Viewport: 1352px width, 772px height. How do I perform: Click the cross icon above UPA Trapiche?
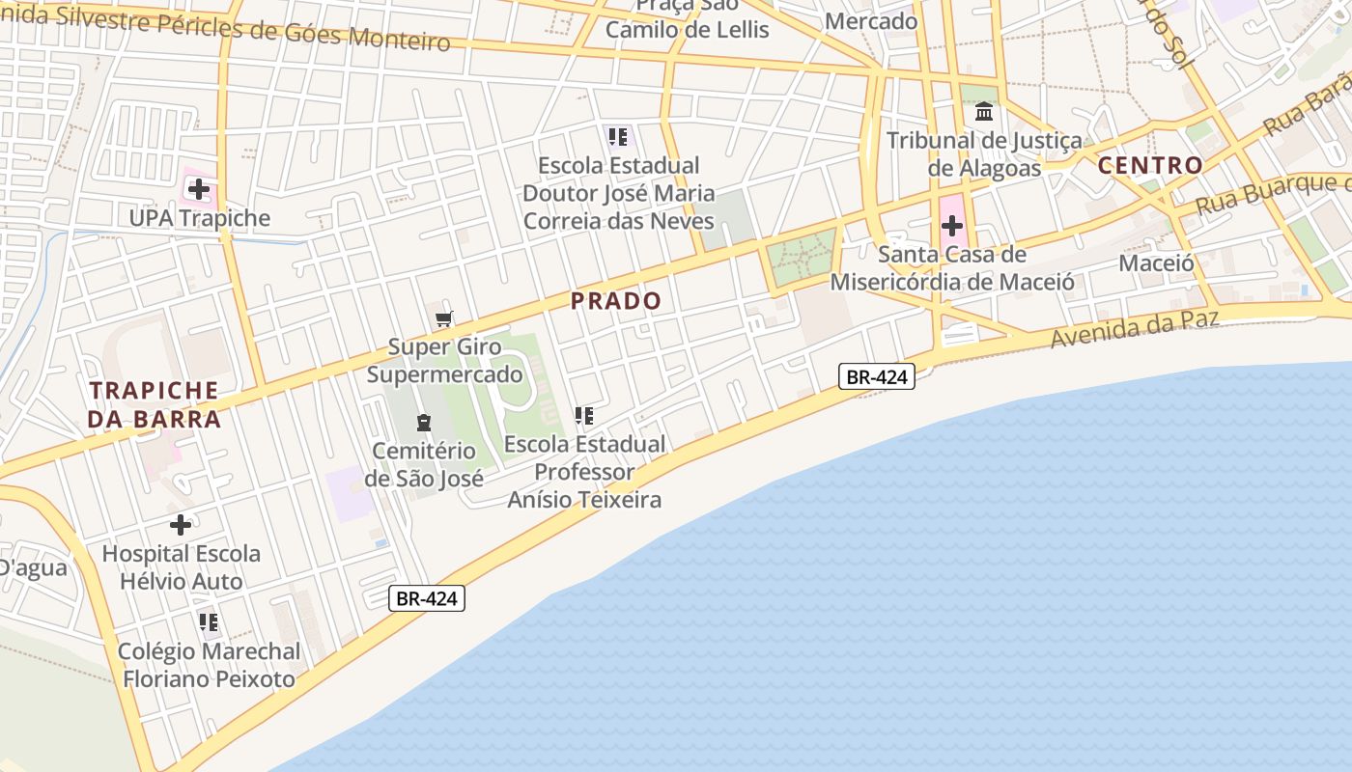click(198, 188)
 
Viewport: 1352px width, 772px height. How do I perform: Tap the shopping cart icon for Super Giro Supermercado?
click(444, 318)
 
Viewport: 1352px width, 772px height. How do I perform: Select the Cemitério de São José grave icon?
click(423, 422)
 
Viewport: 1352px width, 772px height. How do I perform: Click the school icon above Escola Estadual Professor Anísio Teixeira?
click(584, 416)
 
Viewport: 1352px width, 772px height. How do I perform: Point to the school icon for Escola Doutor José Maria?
click(618, 136)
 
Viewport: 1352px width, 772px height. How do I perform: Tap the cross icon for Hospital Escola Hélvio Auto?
click(181, 525)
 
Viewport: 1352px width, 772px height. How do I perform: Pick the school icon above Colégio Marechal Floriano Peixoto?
click(208, 622)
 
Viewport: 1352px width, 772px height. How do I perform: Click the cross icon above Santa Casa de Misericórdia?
click(952, 226)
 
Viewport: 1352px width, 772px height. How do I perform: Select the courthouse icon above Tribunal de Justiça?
click(984, 112)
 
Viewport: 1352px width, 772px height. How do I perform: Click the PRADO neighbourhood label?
click(616, 301)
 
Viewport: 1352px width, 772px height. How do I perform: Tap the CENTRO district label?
click(1150, 165)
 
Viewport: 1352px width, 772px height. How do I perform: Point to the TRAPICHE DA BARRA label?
click(155, 404)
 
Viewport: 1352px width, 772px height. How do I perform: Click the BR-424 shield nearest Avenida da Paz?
click(876, 376)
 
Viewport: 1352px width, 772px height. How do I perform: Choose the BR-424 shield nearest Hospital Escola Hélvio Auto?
click(428, 598)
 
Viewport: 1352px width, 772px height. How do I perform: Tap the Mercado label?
click(871, 20)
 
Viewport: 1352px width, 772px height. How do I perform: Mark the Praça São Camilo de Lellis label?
click(688, 19)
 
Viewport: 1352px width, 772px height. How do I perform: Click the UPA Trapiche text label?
click(200, 218)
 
